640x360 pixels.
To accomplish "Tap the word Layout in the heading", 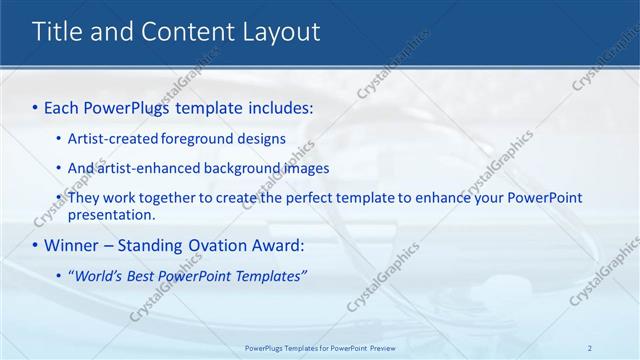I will coord(281,32).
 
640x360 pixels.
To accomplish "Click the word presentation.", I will coord(112,214).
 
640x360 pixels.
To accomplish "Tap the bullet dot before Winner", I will coord(36,245).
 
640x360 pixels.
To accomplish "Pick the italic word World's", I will coord(98,275).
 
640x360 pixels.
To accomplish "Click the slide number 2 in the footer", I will coord(590,347).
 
